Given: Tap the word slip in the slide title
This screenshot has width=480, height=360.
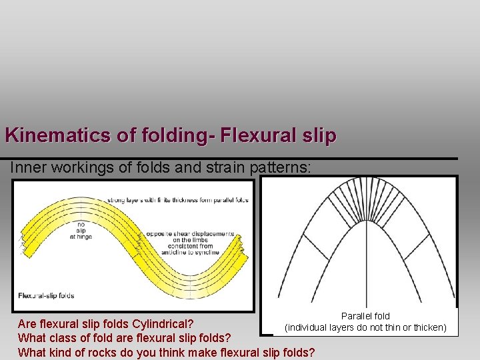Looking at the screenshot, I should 318,135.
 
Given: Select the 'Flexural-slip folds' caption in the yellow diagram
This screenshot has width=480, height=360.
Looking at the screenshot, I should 47,295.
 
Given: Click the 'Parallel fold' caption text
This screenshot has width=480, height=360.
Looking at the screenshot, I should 365,316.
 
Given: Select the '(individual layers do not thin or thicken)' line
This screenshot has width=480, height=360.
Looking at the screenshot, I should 365,327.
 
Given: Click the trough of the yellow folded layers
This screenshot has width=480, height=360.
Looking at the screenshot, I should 193,283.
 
